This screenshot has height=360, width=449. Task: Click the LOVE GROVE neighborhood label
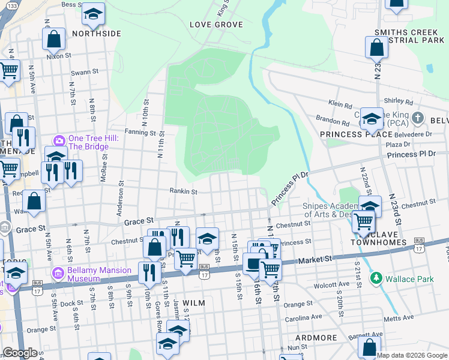[x=216, y=25]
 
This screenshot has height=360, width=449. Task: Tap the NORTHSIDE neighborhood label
[x=97, y=34]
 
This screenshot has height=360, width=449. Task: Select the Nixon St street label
[x=58, y=56]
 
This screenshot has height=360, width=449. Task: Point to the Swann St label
[x=85, y=72]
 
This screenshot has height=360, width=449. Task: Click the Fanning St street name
[x=140, y=132]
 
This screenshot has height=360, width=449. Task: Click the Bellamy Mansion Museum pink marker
[x=58, y=273]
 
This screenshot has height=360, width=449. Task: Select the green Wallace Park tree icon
[x=376, y=278]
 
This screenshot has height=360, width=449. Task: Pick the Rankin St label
[x=186, y=192]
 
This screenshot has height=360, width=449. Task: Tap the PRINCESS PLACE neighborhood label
[x=348, y=134]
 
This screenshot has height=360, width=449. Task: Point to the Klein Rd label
[x=340, y=105]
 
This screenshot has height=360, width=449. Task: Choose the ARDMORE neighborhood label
[x=316, y=338]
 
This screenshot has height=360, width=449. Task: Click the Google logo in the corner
[x=20, y=353]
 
